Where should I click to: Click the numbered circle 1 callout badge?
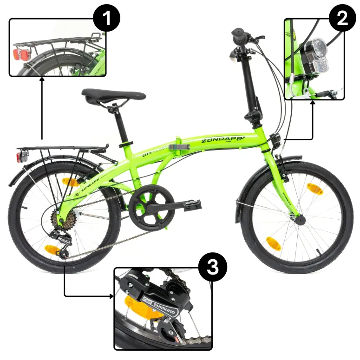coord(106,19)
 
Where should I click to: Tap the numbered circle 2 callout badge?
coord(342,19)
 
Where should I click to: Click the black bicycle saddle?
coord(113,95)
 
